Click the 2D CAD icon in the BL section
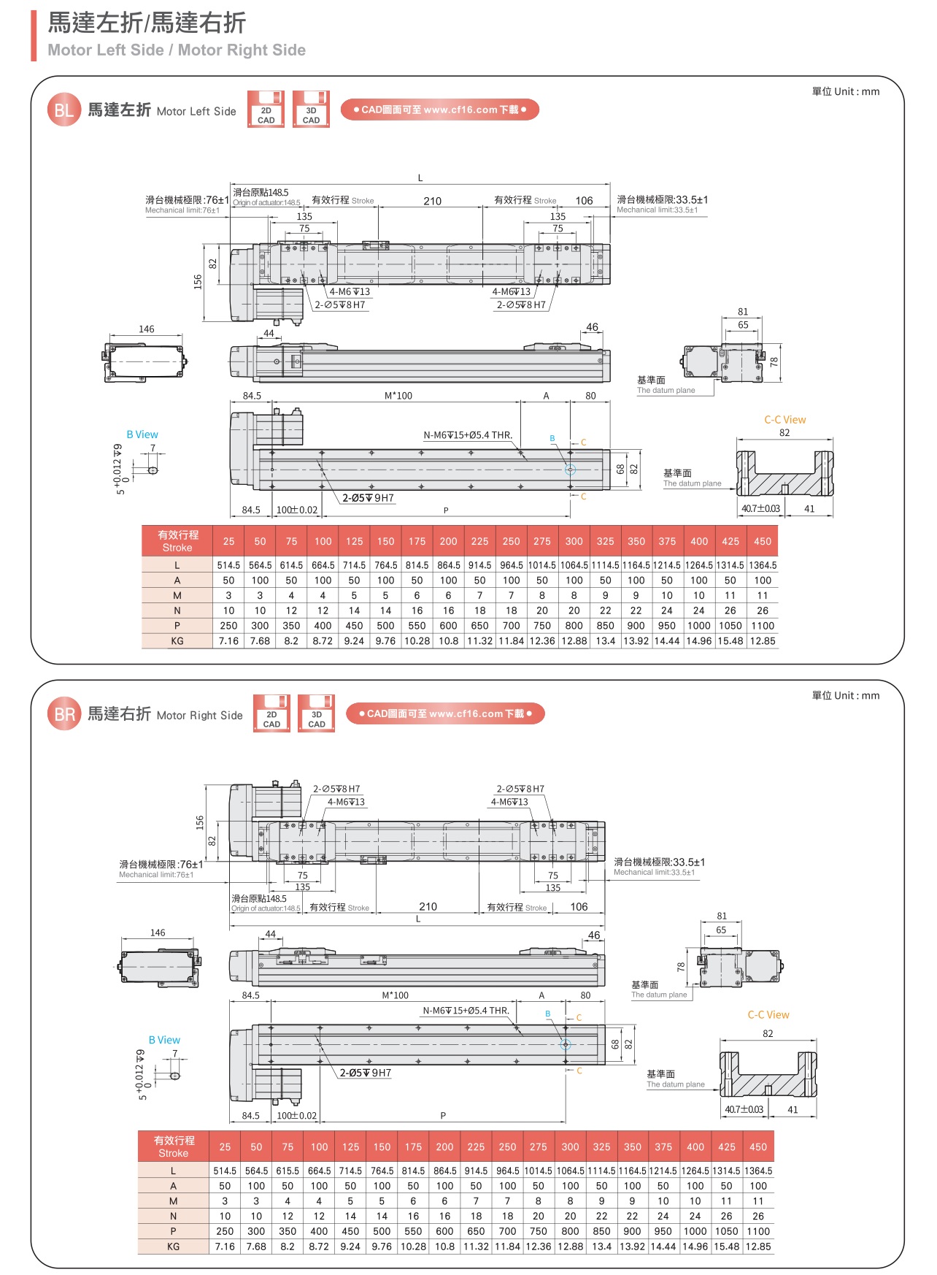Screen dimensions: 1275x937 tap(266, 110)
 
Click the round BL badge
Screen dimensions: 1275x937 tap(63, 110)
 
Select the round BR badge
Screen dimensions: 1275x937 tap(64, 714)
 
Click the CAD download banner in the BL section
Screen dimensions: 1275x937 tap(439, 110)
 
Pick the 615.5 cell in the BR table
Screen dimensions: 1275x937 tap(288, 1171)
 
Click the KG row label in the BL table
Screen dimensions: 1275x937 tap(177, 641)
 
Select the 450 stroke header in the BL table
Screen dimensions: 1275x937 tap(763, 541)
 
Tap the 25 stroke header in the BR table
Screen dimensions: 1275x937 tap(225, 1146)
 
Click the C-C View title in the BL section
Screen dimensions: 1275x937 tap(784, 420)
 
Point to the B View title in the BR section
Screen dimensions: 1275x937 tap(164, 1040)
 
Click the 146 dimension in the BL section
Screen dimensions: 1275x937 tap(147, 329)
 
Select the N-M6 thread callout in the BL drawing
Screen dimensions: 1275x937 tap(468, 435)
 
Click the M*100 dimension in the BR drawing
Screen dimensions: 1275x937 tap(395, 995)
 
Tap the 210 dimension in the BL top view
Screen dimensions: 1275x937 tap(432, 201)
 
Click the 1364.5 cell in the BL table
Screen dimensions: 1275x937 tap(763, 565)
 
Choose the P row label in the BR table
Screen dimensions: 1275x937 tap(173, 1231)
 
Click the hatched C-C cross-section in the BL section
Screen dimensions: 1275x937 tap(784, 475)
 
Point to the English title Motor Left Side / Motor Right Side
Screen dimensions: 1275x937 tap(177, 50)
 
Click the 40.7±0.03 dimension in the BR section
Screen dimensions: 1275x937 tap(744, 1109)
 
